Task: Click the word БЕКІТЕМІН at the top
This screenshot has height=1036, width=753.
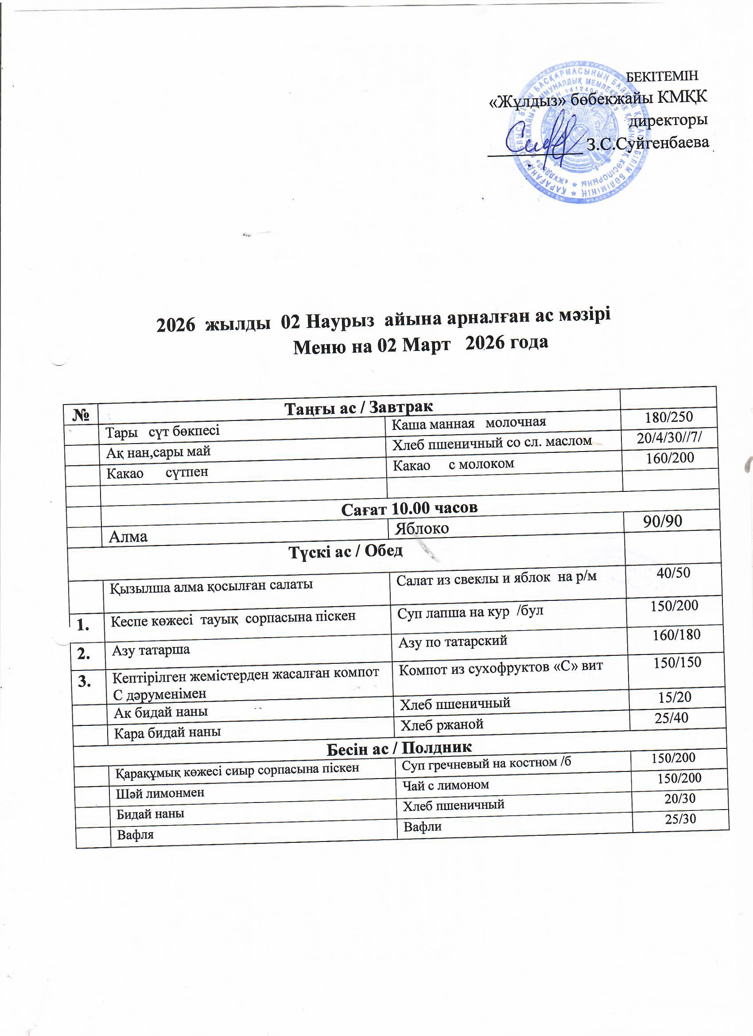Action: [661, 76]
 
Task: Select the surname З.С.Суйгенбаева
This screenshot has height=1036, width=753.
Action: [648, 144]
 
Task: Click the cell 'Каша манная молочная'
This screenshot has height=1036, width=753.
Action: [469, 423]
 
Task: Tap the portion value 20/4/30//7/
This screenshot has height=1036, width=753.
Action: [669, 438]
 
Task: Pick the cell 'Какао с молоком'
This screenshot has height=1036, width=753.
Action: [454, 464]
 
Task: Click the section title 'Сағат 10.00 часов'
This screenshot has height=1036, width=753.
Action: [409, 507]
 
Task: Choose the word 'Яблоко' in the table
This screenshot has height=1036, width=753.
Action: [422, 529]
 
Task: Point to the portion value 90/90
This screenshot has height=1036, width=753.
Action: [663, 521]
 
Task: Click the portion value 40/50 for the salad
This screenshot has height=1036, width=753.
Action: [673, 573]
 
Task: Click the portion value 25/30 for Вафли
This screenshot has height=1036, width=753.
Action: [680, 818]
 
